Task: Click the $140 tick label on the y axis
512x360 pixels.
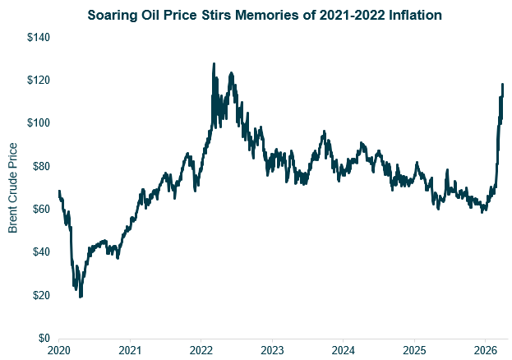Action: tap(36, 38)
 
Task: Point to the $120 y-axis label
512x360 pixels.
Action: tap(36, 81)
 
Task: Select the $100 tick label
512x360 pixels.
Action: tap(36, 123)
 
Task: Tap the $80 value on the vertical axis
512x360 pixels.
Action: tap(39, 166)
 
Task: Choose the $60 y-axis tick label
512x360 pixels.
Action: tap(39, 210)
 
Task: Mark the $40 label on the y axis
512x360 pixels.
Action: tap(39, 252)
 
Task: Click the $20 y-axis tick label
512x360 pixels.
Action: tap(39, 295)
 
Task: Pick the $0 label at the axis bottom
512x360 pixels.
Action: tap(42, 338)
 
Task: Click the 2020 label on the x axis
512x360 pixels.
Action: tap(59, 350)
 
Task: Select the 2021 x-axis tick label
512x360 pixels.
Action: tap(131, 350)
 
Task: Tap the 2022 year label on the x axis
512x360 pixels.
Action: tap(201, 350)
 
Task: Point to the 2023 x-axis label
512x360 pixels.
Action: tap(273, 350)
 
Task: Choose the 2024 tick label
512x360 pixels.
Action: tap(344, 350)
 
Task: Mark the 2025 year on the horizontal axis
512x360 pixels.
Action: tap(415, 350)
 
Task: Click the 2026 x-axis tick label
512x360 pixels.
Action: tap(486, 350)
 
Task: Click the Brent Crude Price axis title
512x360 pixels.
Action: tap(13, 187)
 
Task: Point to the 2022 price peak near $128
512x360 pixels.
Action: tap(214, 63)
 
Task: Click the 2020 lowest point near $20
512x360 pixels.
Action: tap(80, 296)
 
